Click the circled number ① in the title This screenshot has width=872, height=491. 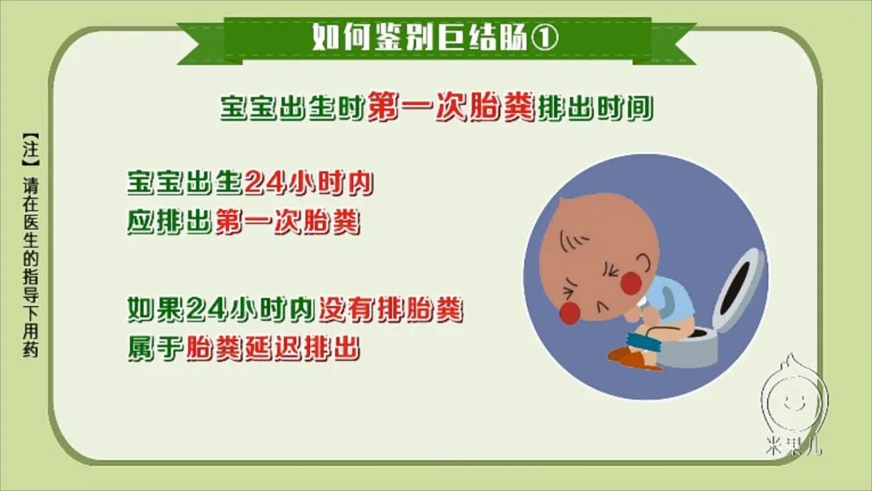click(x=544, y=39)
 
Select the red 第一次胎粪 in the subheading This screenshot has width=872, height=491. click(x=451, y=107)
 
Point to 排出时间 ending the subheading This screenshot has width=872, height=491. click(x=595, y=107)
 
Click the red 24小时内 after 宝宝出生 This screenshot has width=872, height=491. click(x=308, y=183)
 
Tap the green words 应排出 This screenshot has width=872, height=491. click(x=170, y=222)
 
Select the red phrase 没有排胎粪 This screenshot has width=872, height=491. click(x=391, y=309)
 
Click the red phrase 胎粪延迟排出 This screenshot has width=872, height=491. click(x=273, y=349)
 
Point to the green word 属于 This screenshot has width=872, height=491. click(x=156, y=349)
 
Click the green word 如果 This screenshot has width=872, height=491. click(x=156, y=309)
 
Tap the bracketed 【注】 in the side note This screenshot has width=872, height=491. click(x=31, y=150)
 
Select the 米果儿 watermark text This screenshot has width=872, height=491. click(x=794, y=446)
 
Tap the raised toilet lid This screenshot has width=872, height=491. click(x=740, y=290)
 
